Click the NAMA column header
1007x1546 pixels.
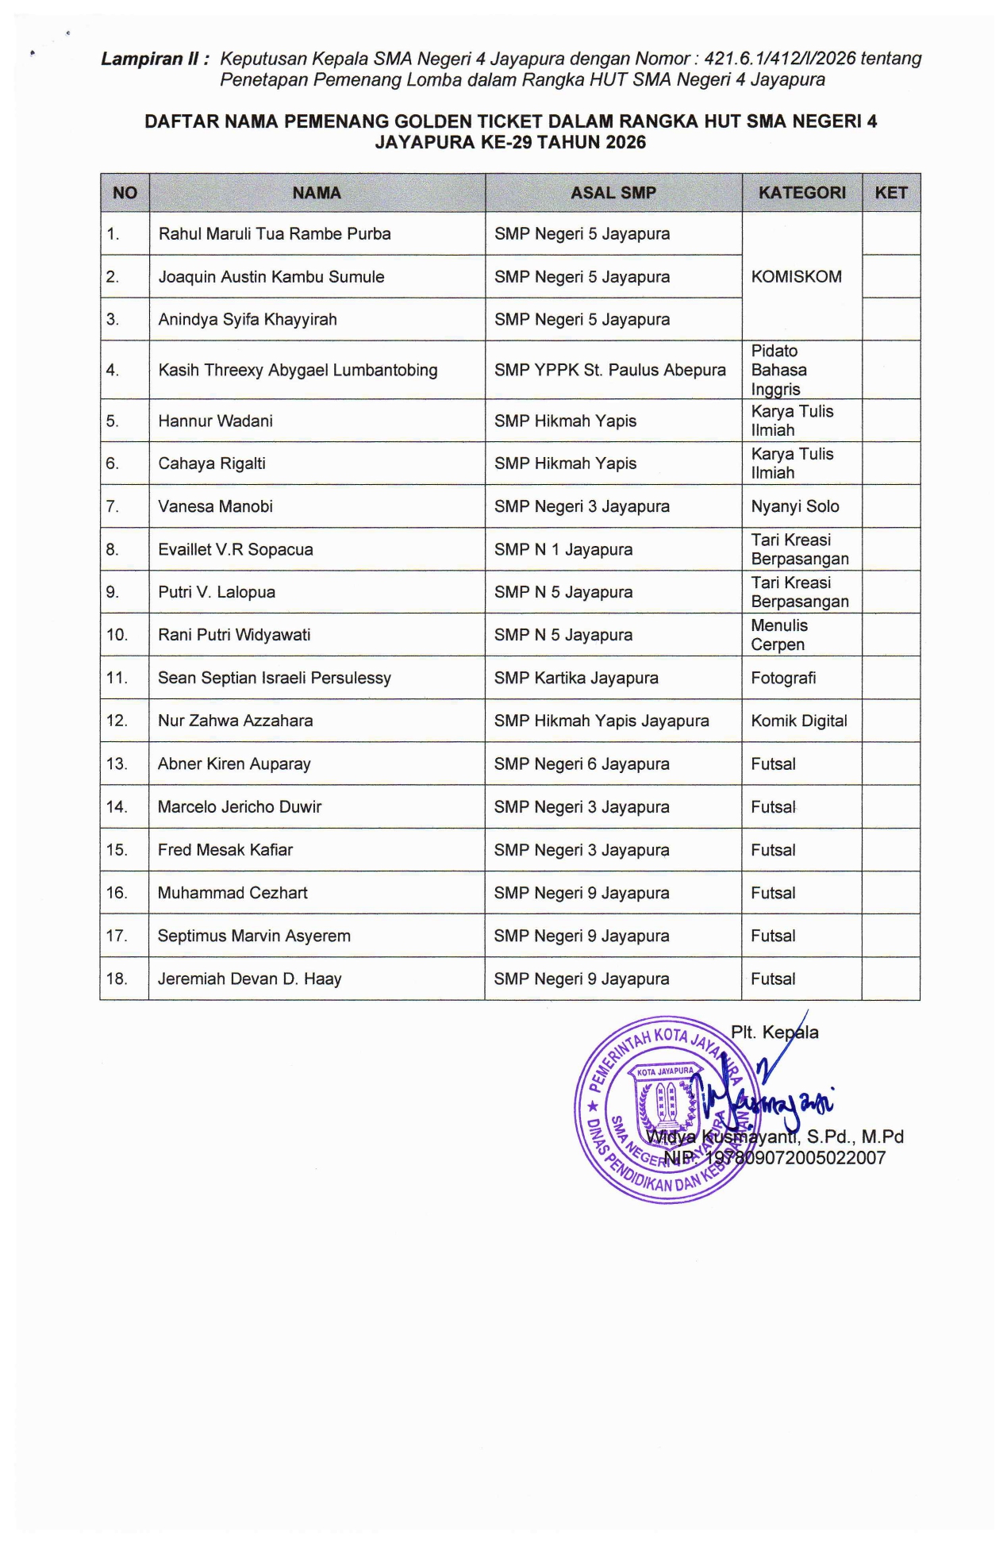click(x=317, y=193)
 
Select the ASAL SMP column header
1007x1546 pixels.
click(x=613, y=193)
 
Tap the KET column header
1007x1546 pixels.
click(x=890, y=193)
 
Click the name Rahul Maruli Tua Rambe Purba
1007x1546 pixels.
click(x=275, y=234)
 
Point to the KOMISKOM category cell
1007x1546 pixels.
click(x=796, y=277)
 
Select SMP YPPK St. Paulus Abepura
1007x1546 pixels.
click(x=609, y=370)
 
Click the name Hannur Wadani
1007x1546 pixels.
click(x=215, y=421)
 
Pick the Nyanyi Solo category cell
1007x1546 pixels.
click(x=794, y=506)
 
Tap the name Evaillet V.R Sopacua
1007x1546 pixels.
click(x=235, y=549)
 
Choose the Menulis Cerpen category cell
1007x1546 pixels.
click(x=779, y=635)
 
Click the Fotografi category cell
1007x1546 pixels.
click(x=783, y=678)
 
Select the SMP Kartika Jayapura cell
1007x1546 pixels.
click(x=576, y=678)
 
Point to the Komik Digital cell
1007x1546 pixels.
click(x=798, y=721)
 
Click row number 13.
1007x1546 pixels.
click(x=117, y=763)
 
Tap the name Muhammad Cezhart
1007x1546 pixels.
click(x=233, y=893)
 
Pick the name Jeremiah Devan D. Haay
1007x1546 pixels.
click(x=249, y=979)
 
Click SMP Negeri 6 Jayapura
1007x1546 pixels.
click(x=581, y=763)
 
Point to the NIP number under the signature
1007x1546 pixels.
click(x=774, y=1158)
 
